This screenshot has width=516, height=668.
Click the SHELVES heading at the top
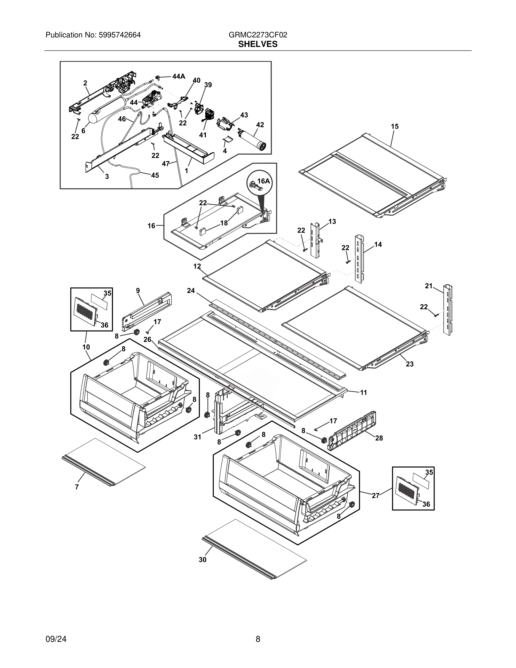(258, 44)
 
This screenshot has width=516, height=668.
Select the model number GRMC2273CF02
(258, 35)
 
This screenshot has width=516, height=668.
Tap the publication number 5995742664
(119, 35)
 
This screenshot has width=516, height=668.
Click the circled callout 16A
(263, 181)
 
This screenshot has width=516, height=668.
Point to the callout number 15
(395, 126)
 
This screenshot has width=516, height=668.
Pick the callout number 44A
(178, 76)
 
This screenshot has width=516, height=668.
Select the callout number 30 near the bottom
(202, 560)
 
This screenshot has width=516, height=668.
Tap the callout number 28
(379, 438)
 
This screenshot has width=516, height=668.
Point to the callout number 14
(378, 244)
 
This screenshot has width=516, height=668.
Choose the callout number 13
(332, 222)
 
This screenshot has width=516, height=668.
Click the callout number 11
(363, 392)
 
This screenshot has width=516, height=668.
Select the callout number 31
(198, 437)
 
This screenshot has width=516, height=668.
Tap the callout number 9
(138, 291)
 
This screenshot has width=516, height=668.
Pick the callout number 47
(165, 164)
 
